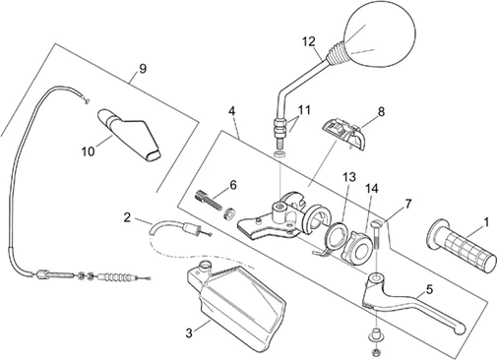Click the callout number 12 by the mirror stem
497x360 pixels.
tap(309, 41)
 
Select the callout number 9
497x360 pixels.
tap(143, 69)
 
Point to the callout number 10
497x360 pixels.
tap(88, 151)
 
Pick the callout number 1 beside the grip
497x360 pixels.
tap(486, 222)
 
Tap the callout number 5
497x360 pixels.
tap(429, 289)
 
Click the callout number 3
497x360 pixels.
tap(189, 333)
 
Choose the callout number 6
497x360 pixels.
tap(233, 185)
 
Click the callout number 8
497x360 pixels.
tap(381, 112)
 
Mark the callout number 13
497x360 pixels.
tap(349, 177)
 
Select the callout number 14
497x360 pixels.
tap(372, 189)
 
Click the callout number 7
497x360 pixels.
tap(407, 204)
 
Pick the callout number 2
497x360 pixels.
tap(127, 217)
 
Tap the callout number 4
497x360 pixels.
tap(232, 111)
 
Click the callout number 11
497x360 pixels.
tap(304, 110)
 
